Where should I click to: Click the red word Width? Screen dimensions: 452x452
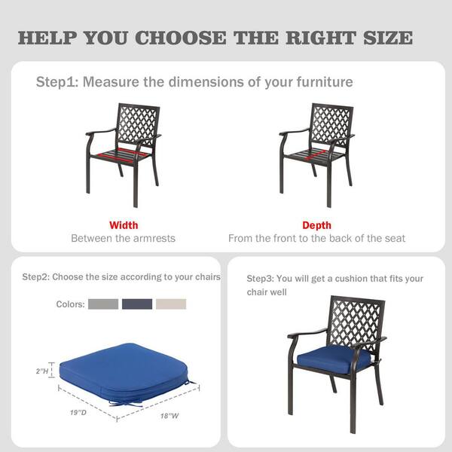point(124,225)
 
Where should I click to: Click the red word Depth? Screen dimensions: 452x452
point(317,225)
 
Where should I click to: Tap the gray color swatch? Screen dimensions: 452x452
point(103,304)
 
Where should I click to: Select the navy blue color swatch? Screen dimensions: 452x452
point(137,304)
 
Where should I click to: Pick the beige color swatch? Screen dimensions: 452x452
point(171,304)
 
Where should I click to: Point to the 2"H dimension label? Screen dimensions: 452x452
point(42,371)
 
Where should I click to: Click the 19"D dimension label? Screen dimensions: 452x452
point(78,413)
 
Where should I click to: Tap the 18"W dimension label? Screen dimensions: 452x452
point(169,416)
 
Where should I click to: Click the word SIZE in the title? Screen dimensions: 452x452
point(388,38)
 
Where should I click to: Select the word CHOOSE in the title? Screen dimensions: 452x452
point(181,38)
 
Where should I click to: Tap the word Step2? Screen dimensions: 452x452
point(36,276)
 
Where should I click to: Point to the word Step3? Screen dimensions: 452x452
point(260,279)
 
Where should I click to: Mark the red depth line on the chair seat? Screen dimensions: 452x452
point(315,155)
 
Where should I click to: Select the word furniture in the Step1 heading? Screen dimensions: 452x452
point(325,82)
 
